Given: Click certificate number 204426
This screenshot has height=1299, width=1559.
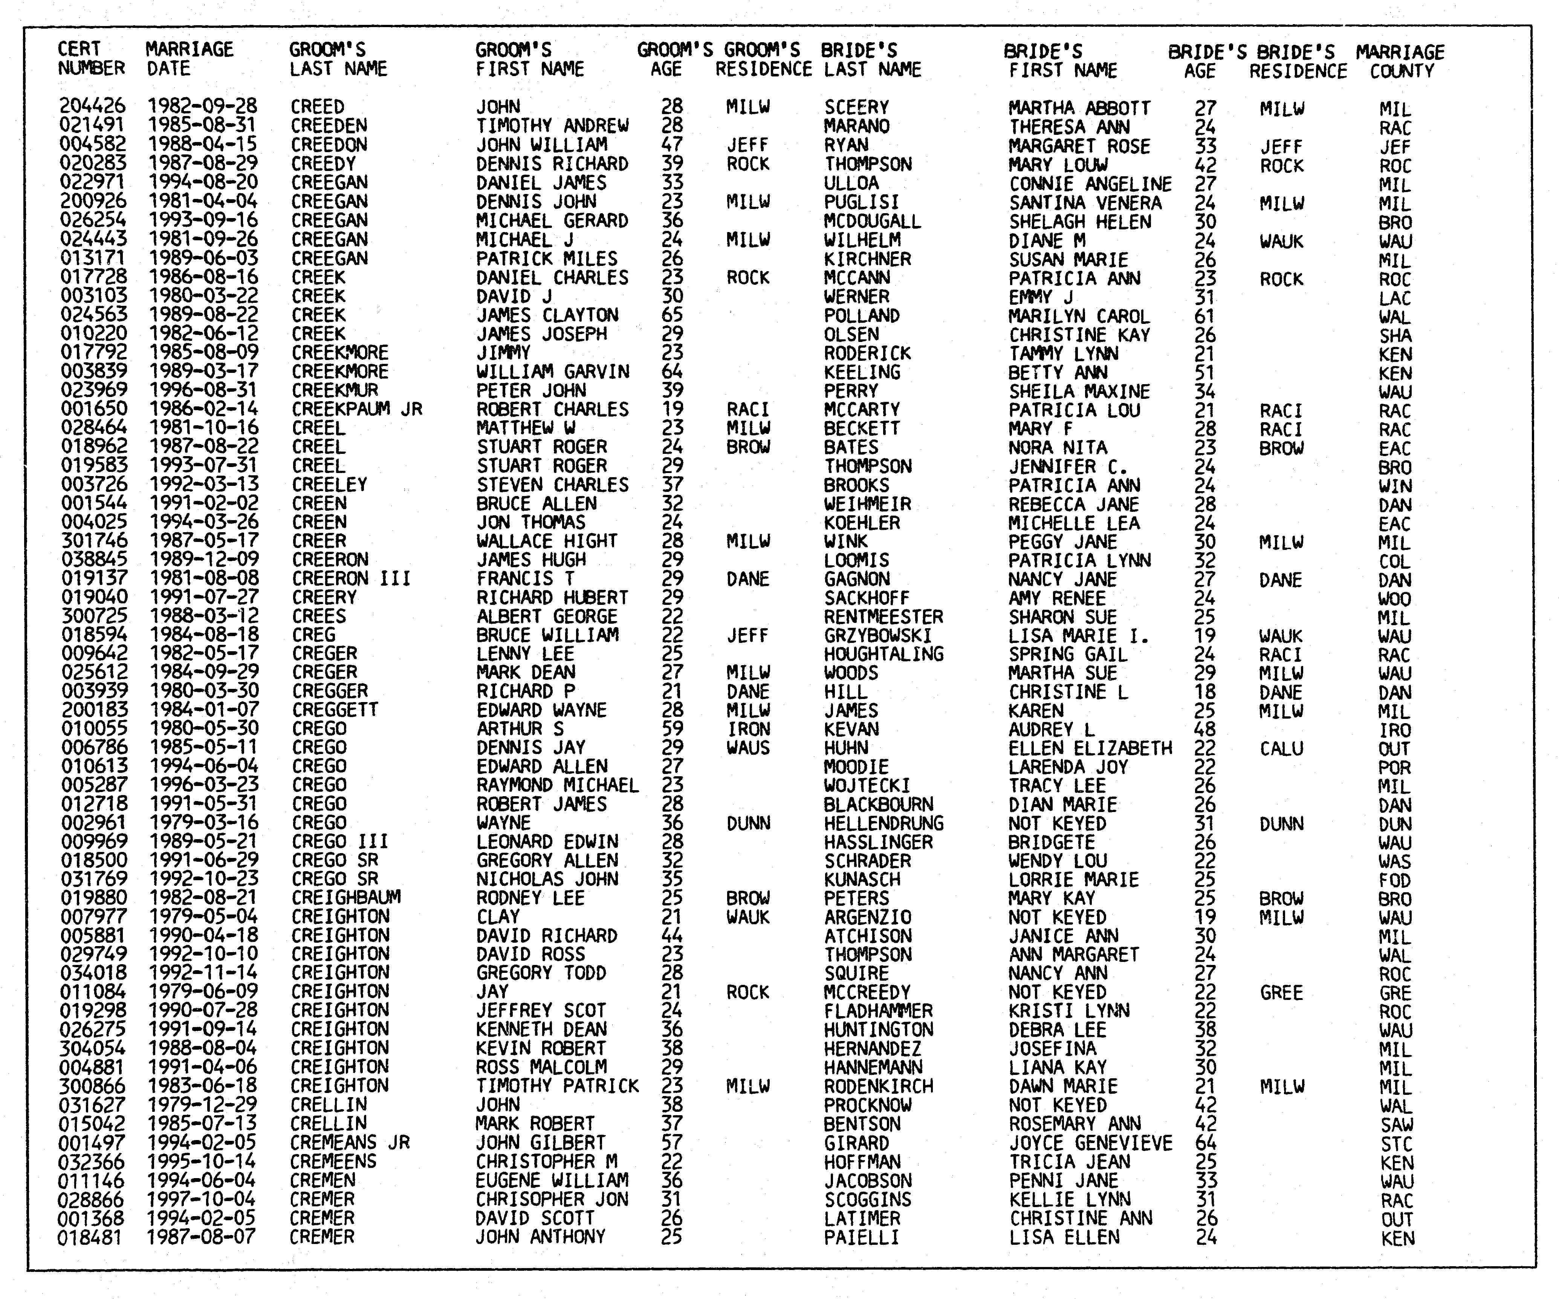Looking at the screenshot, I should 92,107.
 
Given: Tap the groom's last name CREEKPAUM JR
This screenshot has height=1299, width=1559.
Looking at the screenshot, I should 356,409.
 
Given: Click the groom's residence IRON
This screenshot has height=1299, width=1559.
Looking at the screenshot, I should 748,729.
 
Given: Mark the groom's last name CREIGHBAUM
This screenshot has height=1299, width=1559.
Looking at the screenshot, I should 346,898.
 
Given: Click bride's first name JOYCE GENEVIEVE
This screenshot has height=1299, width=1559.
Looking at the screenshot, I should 1090,1143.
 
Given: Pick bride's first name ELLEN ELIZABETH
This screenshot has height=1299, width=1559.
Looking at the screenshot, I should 1090,748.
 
